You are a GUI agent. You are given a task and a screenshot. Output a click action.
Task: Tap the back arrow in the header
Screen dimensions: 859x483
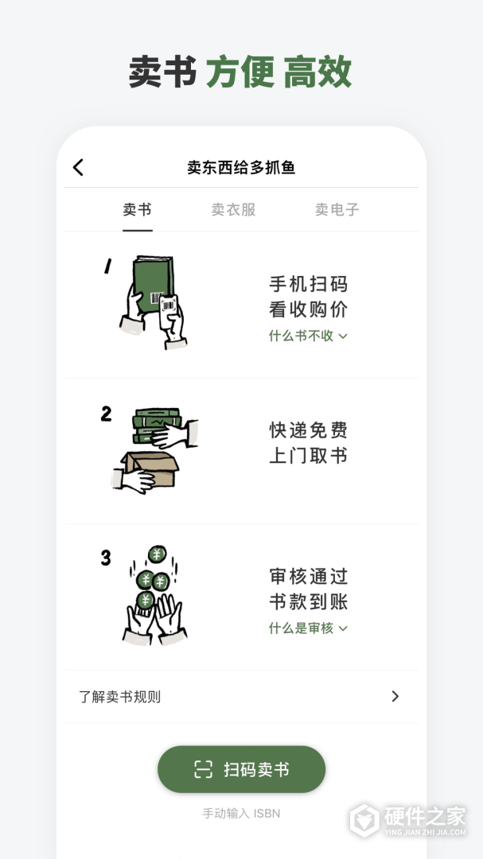(78, 167)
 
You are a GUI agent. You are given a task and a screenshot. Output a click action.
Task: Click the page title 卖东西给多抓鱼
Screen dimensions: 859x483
(241, 167)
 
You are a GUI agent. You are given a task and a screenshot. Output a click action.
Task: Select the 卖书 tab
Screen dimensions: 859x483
(137, 210)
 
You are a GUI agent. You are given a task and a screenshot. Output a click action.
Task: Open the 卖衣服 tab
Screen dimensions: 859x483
(233, 210)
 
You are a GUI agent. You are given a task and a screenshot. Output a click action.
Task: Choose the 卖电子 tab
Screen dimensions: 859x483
(337, 210)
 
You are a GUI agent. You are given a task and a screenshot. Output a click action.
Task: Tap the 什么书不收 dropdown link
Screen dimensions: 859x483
(308, 336)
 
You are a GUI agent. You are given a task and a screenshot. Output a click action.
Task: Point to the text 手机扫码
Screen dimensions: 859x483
(308, 284)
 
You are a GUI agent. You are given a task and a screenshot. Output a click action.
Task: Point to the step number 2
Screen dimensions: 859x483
(106, 414)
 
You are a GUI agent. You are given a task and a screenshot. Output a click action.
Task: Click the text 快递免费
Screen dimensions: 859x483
(308, 430)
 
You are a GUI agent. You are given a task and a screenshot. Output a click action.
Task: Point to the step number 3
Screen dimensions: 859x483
(106, 558)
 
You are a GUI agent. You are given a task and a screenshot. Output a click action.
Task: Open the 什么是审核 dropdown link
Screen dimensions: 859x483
(308, 628)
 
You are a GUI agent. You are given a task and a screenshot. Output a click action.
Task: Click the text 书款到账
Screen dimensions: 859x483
(308, 602)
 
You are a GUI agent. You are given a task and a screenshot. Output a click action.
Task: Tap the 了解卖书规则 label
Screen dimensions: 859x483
(119, 697)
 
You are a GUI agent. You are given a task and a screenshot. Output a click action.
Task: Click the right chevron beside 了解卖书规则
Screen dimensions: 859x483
(395, 697)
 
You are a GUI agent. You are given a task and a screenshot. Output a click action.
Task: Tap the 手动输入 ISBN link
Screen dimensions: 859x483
(241, 814)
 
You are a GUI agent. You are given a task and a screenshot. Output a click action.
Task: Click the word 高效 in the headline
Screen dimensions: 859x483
(317, 72)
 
